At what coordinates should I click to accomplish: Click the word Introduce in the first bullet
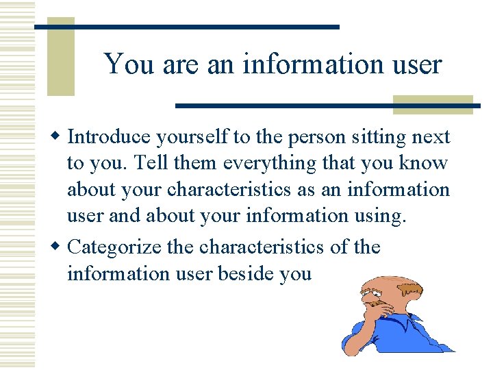pos(109,137)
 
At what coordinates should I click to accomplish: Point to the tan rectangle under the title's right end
pos(432,104)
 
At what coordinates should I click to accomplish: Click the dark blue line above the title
pos(187,27)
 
